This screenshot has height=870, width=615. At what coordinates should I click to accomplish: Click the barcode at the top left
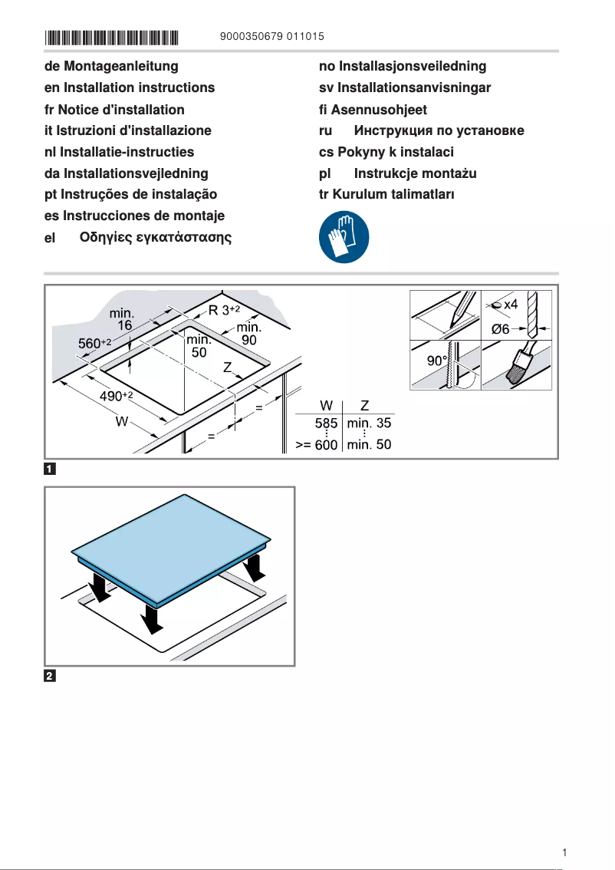pos(112,37)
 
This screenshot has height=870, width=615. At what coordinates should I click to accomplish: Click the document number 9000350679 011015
pos(271,37)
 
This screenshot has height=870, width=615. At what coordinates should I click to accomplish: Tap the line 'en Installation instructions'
pos(130,88)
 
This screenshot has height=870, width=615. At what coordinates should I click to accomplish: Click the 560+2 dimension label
pos(96,343)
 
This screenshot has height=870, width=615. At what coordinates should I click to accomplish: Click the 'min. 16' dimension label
pos(123,319)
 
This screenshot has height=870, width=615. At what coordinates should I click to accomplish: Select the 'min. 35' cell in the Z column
pos(369,423)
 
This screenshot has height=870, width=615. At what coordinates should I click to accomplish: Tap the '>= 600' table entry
pos(317,445)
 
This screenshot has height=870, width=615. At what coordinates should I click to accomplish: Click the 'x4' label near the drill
pos(510,305)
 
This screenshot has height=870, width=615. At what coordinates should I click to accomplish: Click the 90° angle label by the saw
pos(437,361)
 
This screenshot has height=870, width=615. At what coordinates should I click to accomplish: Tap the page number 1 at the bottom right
pos(564,852)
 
